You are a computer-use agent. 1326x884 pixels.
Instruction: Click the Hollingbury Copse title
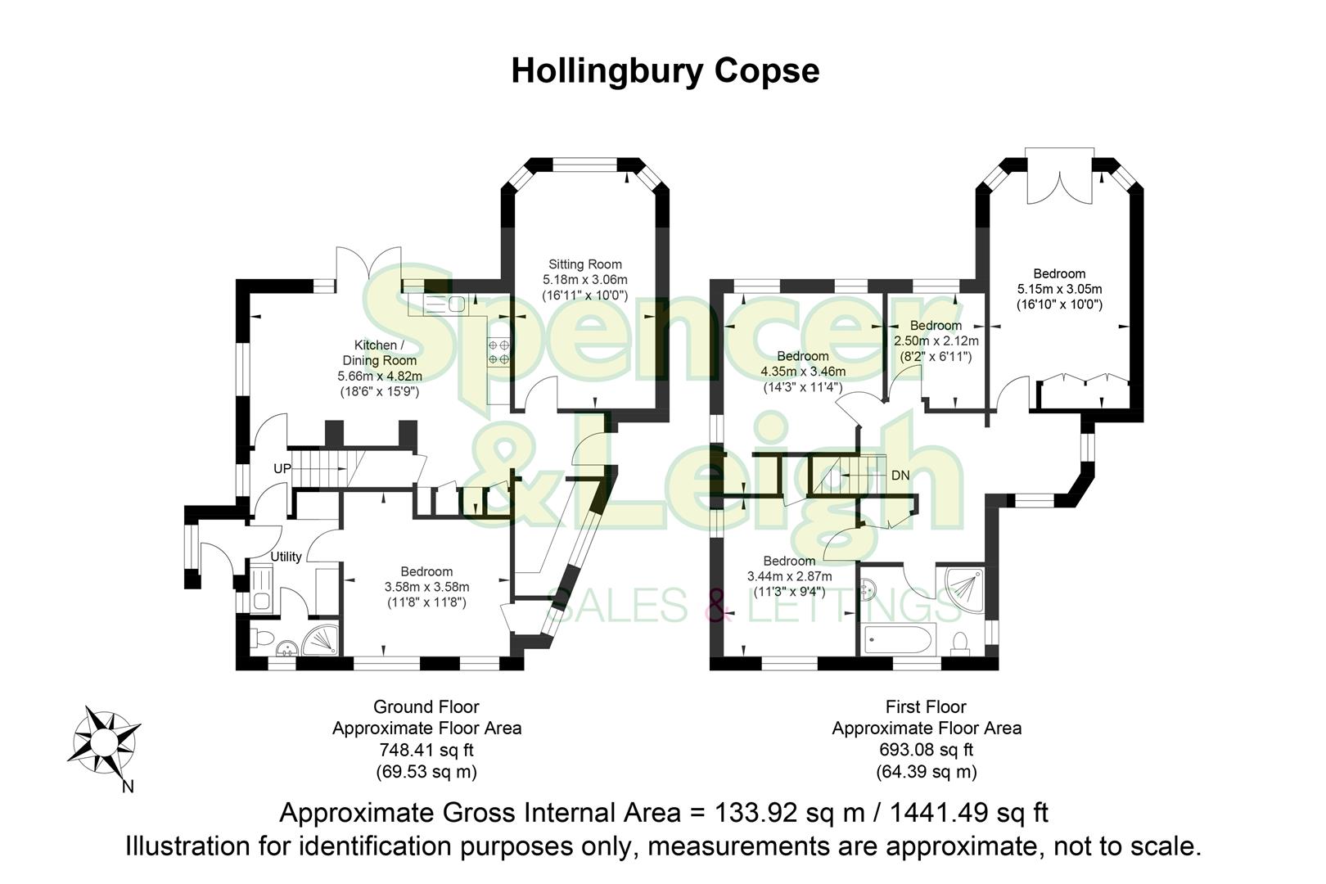[665, 70]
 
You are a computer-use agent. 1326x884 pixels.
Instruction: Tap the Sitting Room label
[584, 264]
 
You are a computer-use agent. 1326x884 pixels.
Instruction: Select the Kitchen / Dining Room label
[380, 353]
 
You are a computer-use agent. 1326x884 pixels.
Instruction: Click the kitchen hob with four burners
[499, 352]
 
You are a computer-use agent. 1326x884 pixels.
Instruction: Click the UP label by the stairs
[282, 469]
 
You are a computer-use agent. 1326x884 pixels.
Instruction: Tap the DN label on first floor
[900, 476]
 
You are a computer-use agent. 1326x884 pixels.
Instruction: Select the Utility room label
[286, 557]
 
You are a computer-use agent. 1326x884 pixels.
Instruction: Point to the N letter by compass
[128, 787]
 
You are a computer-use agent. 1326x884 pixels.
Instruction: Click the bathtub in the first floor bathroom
[898, 639]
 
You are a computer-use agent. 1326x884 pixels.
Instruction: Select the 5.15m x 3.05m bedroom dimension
[1059, 289]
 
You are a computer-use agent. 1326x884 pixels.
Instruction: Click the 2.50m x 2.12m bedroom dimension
[936, 341]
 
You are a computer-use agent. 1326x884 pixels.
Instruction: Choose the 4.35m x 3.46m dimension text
[802, 372]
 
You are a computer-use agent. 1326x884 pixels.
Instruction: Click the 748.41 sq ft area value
[426, 750]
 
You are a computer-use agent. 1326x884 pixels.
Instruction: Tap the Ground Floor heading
[426, 706]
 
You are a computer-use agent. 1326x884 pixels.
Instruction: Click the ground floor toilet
[263, 638]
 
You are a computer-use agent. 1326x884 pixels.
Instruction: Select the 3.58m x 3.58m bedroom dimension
[426, 587]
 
